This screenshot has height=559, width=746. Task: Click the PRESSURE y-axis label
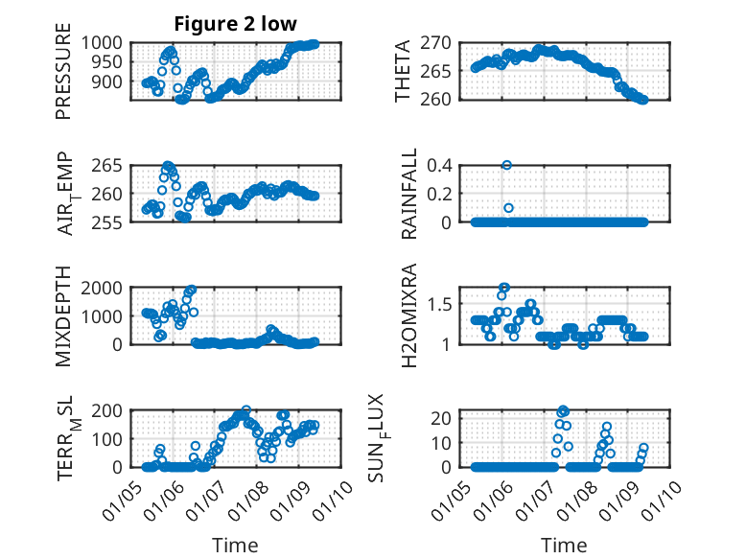[x=63, y=76]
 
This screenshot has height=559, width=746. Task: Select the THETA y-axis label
[x=403, y=70]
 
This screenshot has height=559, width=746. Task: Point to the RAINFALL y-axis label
[x=408, y=194]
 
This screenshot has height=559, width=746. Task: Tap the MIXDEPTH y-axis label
[x=63, y=315]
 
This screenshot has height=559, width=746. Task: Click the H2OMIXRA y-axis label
[x=408, y=315]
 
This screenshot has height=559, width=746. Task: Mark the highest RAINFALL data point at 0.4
[x=507, y=165]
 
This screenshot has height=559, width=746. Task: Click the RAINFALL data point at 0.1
[x=508, y=208]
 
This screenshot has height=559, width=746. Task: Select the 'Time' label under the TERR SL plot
[x=235, y=546]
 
